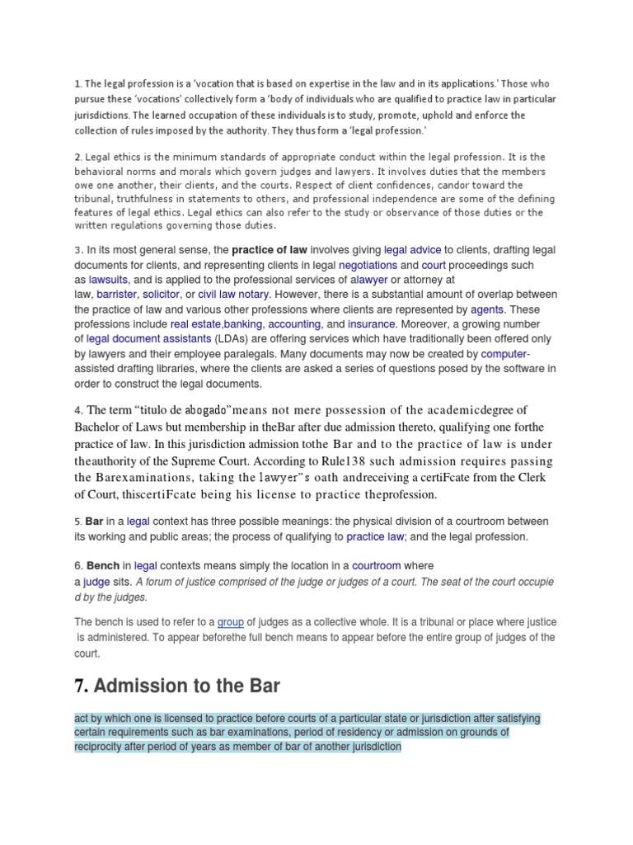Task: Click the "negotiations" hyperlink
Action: (x=368, y=265)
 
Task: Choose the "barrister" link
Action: (x=115, y=295)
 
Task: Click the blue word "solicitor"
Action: (x=161, y=295)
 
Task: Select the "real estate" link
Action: (x=196, y=324)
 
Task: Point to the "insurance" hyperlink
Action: (x=371, y=324)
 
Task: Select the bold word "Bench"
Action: (x=103, y=565)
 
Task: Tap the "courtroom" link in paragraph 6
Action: (x=377, y=565)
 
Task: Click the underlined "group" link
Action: (x=230, y=622)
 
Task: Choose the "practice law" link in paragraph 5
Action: (x=375, y=536)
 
